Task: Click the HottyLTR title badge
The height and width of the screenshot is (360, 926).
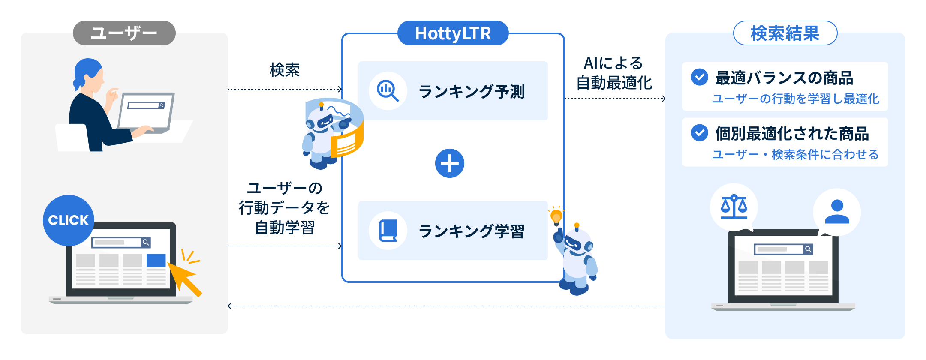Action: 453,33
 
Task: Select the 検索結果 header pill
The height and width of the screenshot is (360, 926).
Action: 785,33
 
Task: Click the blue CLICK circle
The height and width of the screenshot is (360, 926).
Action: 68,220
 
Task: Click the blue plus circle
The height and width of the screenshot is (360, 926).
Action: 449,163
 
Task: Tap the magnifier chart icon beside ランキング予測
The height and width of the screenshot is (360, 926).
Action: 388,91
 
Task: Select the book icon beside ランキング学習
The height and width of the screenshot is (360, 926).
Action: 388,231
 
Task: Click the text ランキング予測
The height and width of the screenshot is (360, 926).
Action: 471,91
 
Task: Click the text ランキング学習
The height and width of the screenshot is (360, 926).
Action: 471,231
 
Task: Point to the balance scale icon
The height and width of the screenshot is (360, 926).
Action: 734,207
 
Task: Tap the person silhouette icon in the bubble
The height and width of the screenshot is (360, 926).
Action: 837,212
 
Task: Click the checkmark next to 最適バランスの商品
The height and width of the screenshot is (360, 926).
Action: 699,77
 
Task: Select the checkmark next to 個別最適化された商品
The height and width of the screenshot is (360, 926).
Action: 699,133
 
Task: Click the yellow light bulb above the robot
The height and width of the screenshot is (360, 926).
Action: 556,216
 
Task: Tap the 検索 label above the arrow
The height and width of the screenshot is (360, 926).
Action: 284,70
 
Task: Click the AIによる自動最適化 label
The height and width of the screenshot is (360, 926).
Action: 614,73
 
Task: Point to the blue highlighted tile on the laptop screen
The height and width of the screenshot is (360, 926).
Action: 156,261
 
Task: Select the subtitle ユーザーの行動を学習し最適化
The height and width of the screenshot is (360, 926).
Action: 795,99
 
